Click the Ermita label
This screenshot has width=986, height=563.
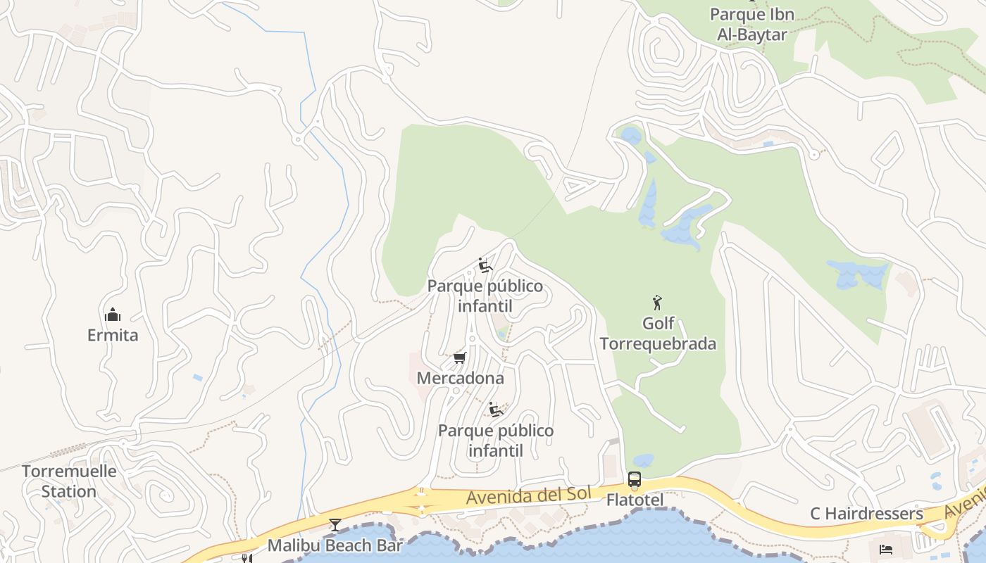(113, 335)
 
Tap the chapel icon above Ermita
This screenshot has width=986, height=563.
(113, 315)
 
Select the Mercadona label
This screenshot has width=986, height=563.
(461, 378)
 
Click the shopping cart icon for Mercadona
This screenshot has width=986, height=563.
(460, 358)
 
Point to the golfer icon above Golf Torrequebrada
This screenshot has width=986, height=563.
(657, 303)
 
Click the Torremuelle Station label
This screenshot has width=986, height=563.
(69, 481)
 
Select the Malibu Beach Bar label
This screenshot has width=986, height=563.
(335, 545)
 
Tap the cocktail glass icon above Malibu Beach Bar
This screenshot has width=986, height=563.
(335, 525)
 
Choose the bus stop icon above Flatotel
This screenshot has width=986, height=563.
(635, 480)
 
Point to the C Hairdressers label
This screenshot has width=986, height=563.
(866, 514)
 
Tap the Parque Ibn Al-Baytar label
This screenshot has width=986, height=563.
(751, 24)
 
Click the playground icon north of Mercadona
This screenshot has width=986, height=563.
(485, 265)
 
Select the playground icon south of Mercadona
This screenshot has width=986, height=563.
(496, 409)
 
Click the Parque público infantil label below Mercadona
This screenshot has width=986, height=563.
(496, 440)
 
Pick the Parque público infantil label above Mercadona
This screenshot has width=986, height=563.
(485, 296)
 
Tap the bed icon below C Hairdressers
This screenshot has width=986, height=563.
(886, 548)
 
